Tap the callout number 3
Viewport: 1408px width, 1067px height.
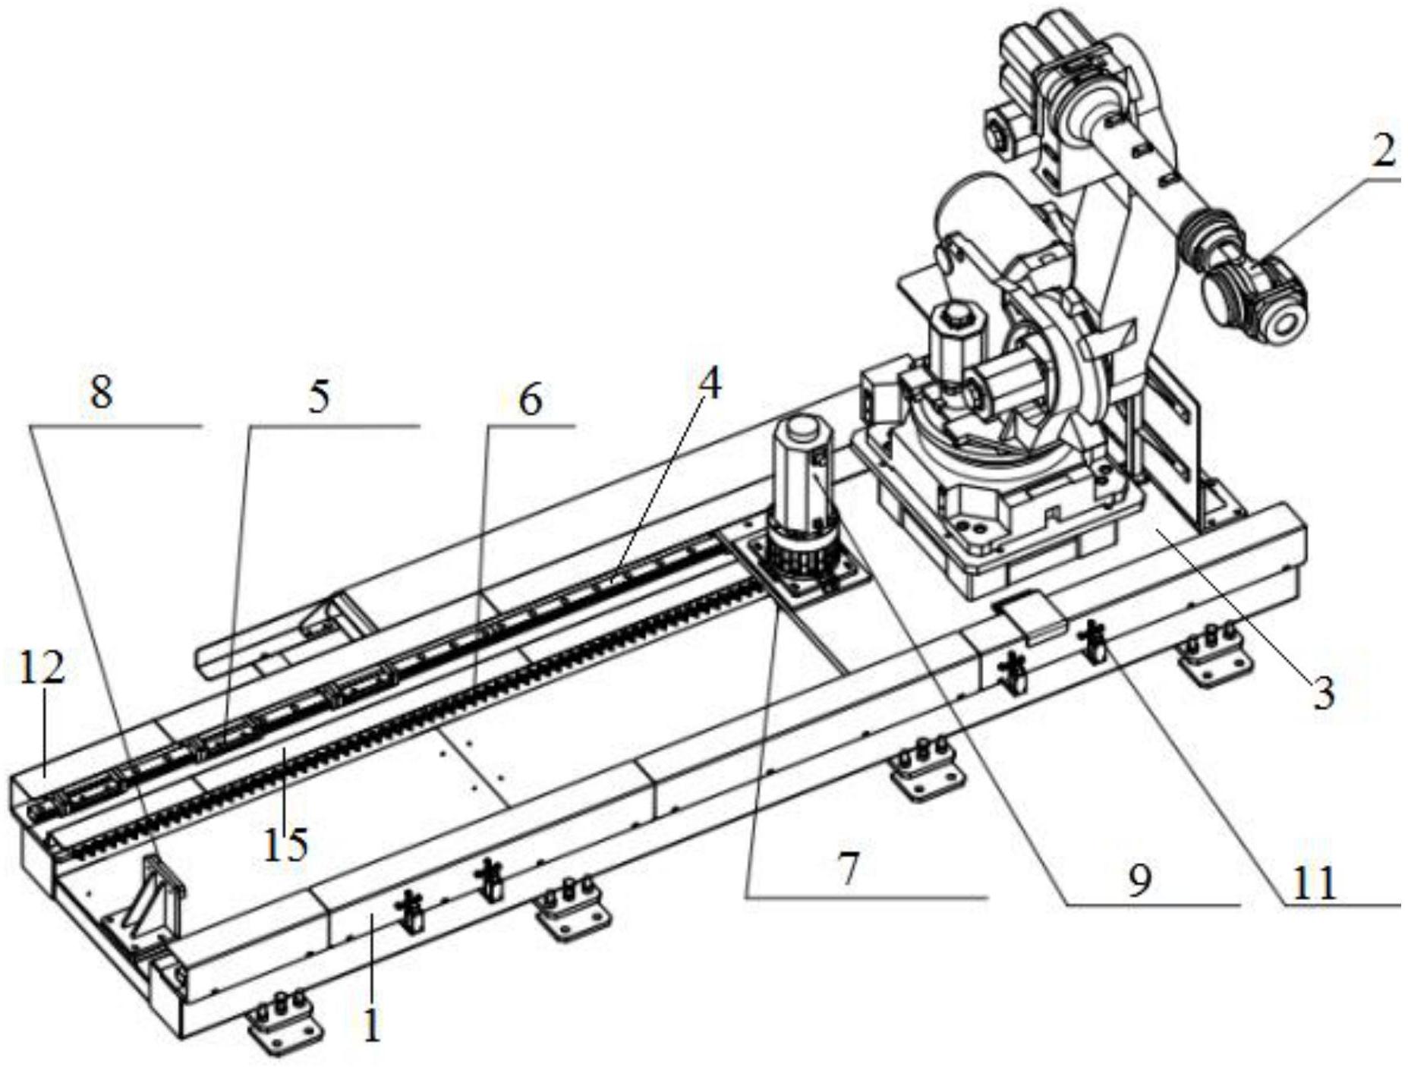click(1323, 692)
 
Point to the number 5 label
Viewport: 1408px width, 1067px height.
click(320, 397)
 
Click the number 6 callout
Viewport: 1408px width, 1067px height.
click(529, 399)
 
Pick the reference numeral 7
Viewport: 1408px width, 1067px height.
click(848, 870)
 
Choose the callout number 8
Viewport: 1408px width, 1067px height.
click(100, 393)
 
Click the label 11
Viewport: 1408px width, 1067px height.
click(1313, 884)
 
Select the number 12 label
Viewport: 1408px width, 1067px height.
click(41, 668)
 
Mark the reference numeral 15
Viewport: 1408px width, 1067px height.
click(285, 844)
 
